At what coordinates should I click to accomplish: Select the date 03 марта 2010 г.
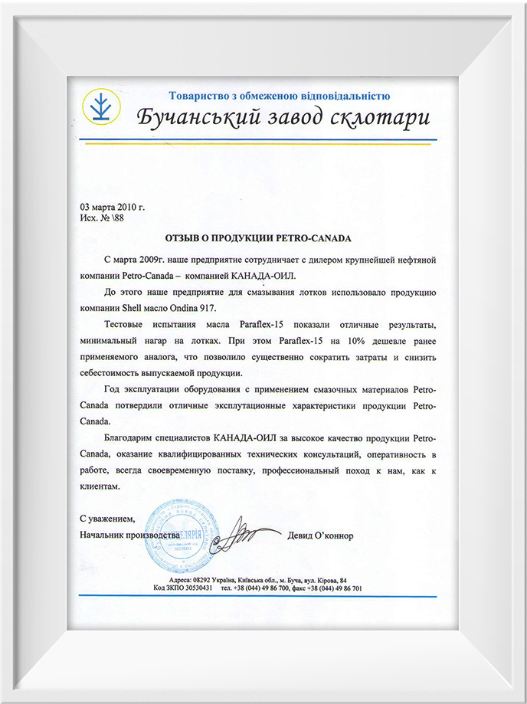coord(112,207)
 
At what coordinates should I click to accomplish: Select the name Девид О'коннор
coord(321,535)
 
